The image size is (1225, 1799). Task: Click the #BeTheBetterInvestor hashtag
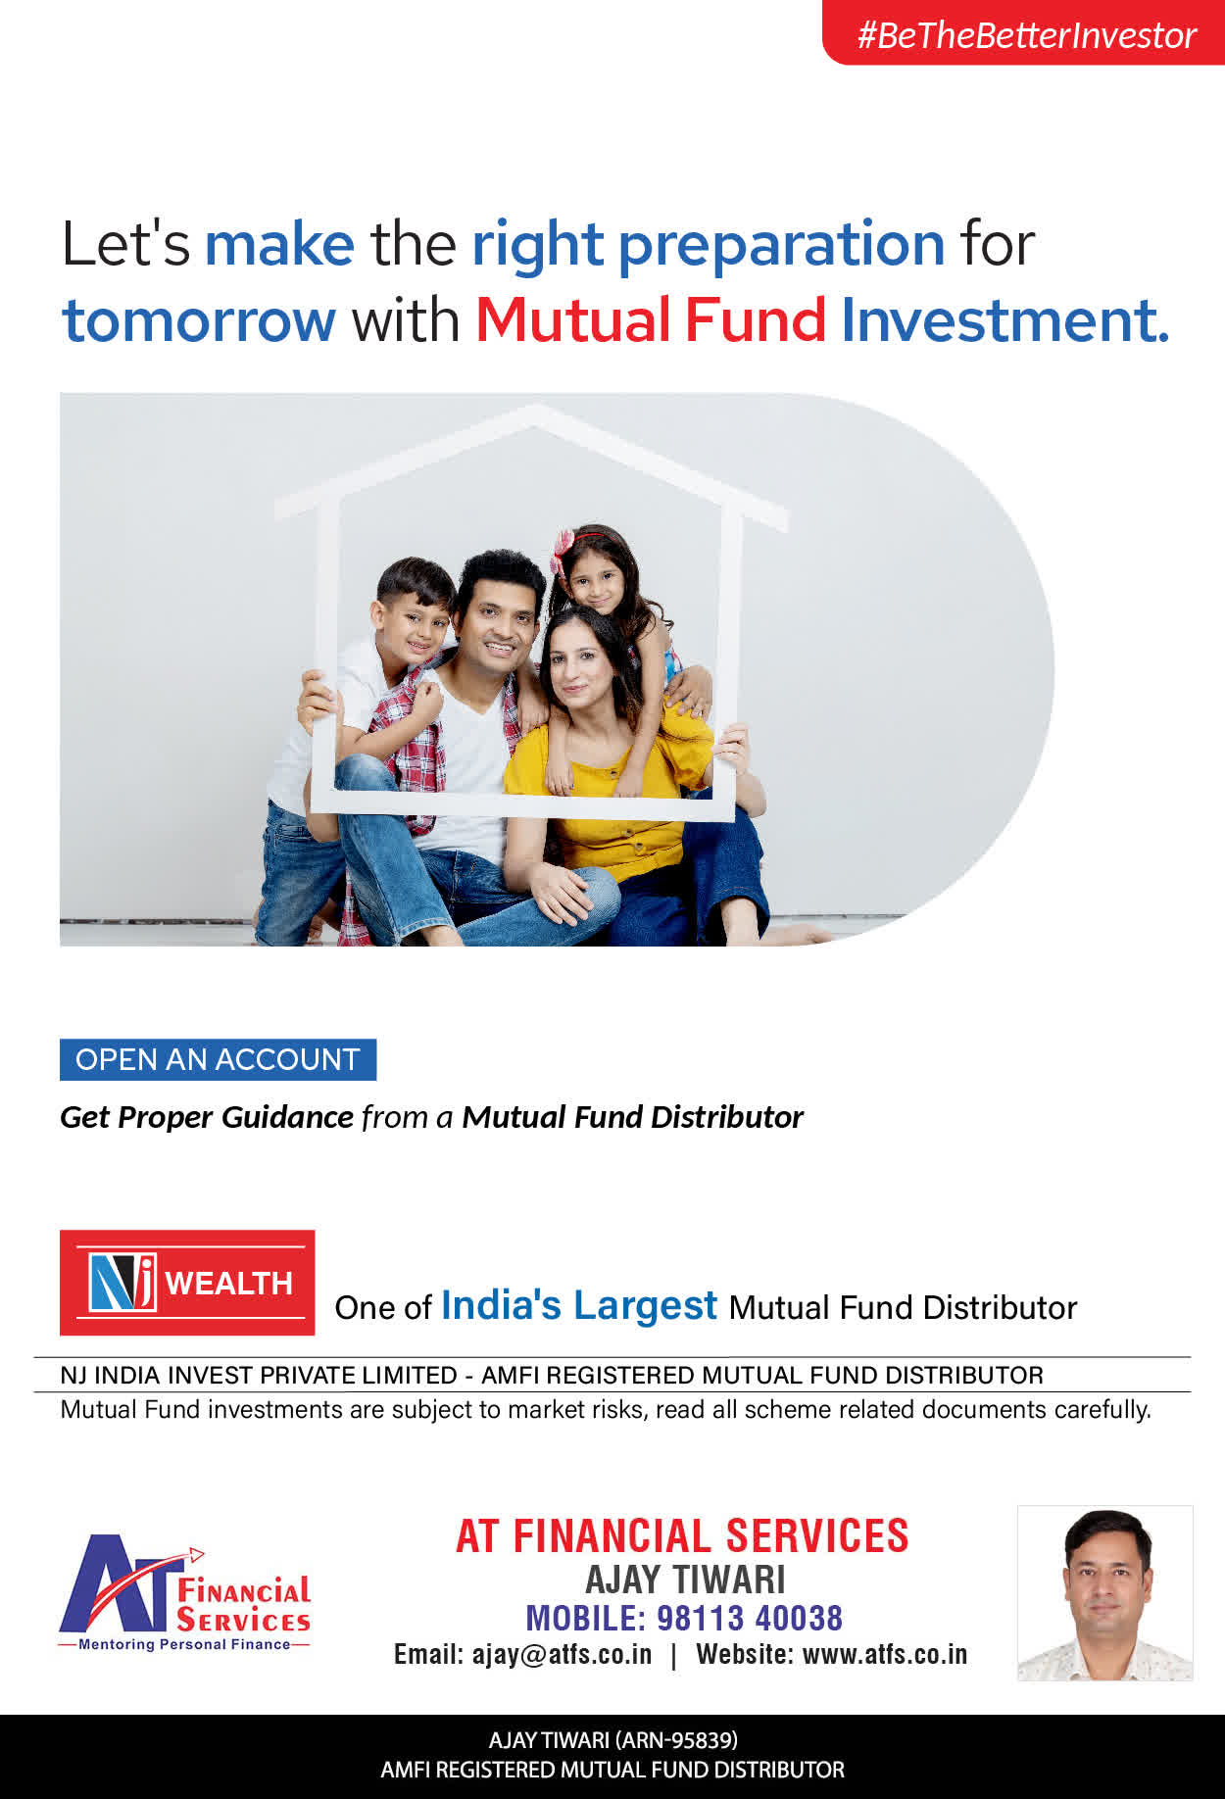pyautogui.click(x=1026, y=35)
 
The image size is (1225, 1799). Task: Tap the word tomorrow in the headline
pyautogui.click(x=199, y=320)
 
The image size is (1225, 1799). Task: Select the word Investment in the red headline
pyautogui.click(x=1004, y=319)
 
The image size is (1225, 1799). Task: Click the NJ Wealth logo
pyautogui.click(x=187, y=1283)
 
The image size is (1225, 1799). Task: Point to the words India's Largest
pyautogui.click(x=579, y=1306)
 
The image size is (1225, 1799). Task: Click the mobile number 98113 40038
pyautogui.click(x=750, y=1618)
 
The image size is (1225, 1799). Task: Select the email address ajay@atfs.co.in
pyautogui.click(x=562, y=1655)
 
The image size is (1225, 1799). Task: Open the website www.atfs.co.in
pyautogui.click(x=885, y=1655)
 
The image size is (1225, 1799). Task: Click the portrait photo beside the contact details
pyautogui.click(x=1105, y=1593)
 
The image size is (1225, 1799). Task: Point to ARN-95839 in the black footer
pyautogui.click(x=676, y=1740)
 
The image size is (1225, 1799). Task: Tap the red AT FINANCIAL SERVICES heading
pyautogui.click(x=682, y=1536)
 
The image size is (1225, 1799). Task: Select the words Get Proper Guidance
pyautogui.click(x=207, y=1117)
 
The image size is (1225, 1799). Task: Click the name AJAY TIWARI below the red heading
pyautogui.click(x=685, y=1580)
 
